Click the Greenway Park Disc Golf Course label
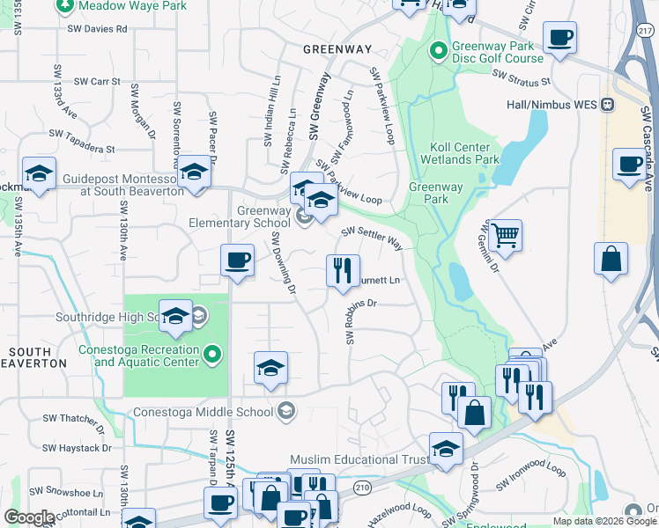click(497, 53)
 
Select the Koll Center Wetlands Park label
click(464, 154)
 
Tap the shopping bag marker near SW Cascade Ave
click(611, 260)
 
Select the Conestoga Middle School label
click(204, 411)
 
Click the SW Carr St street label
click(97, 81)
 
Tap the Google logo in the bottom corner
click(28, 517)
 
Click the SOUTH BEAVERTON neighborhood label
click(38, 357)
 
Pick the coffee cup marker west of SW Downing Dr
click(237, 260)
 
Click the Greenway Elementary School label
click(240, 216)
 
